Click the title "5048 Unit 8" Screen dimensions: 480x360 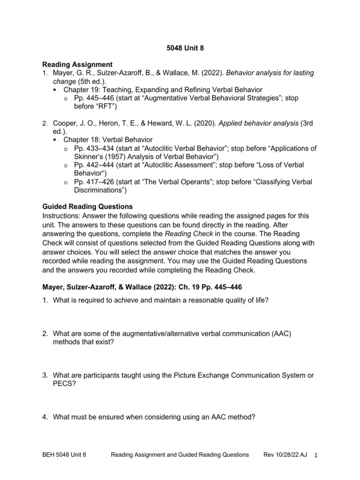[180, 47]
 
